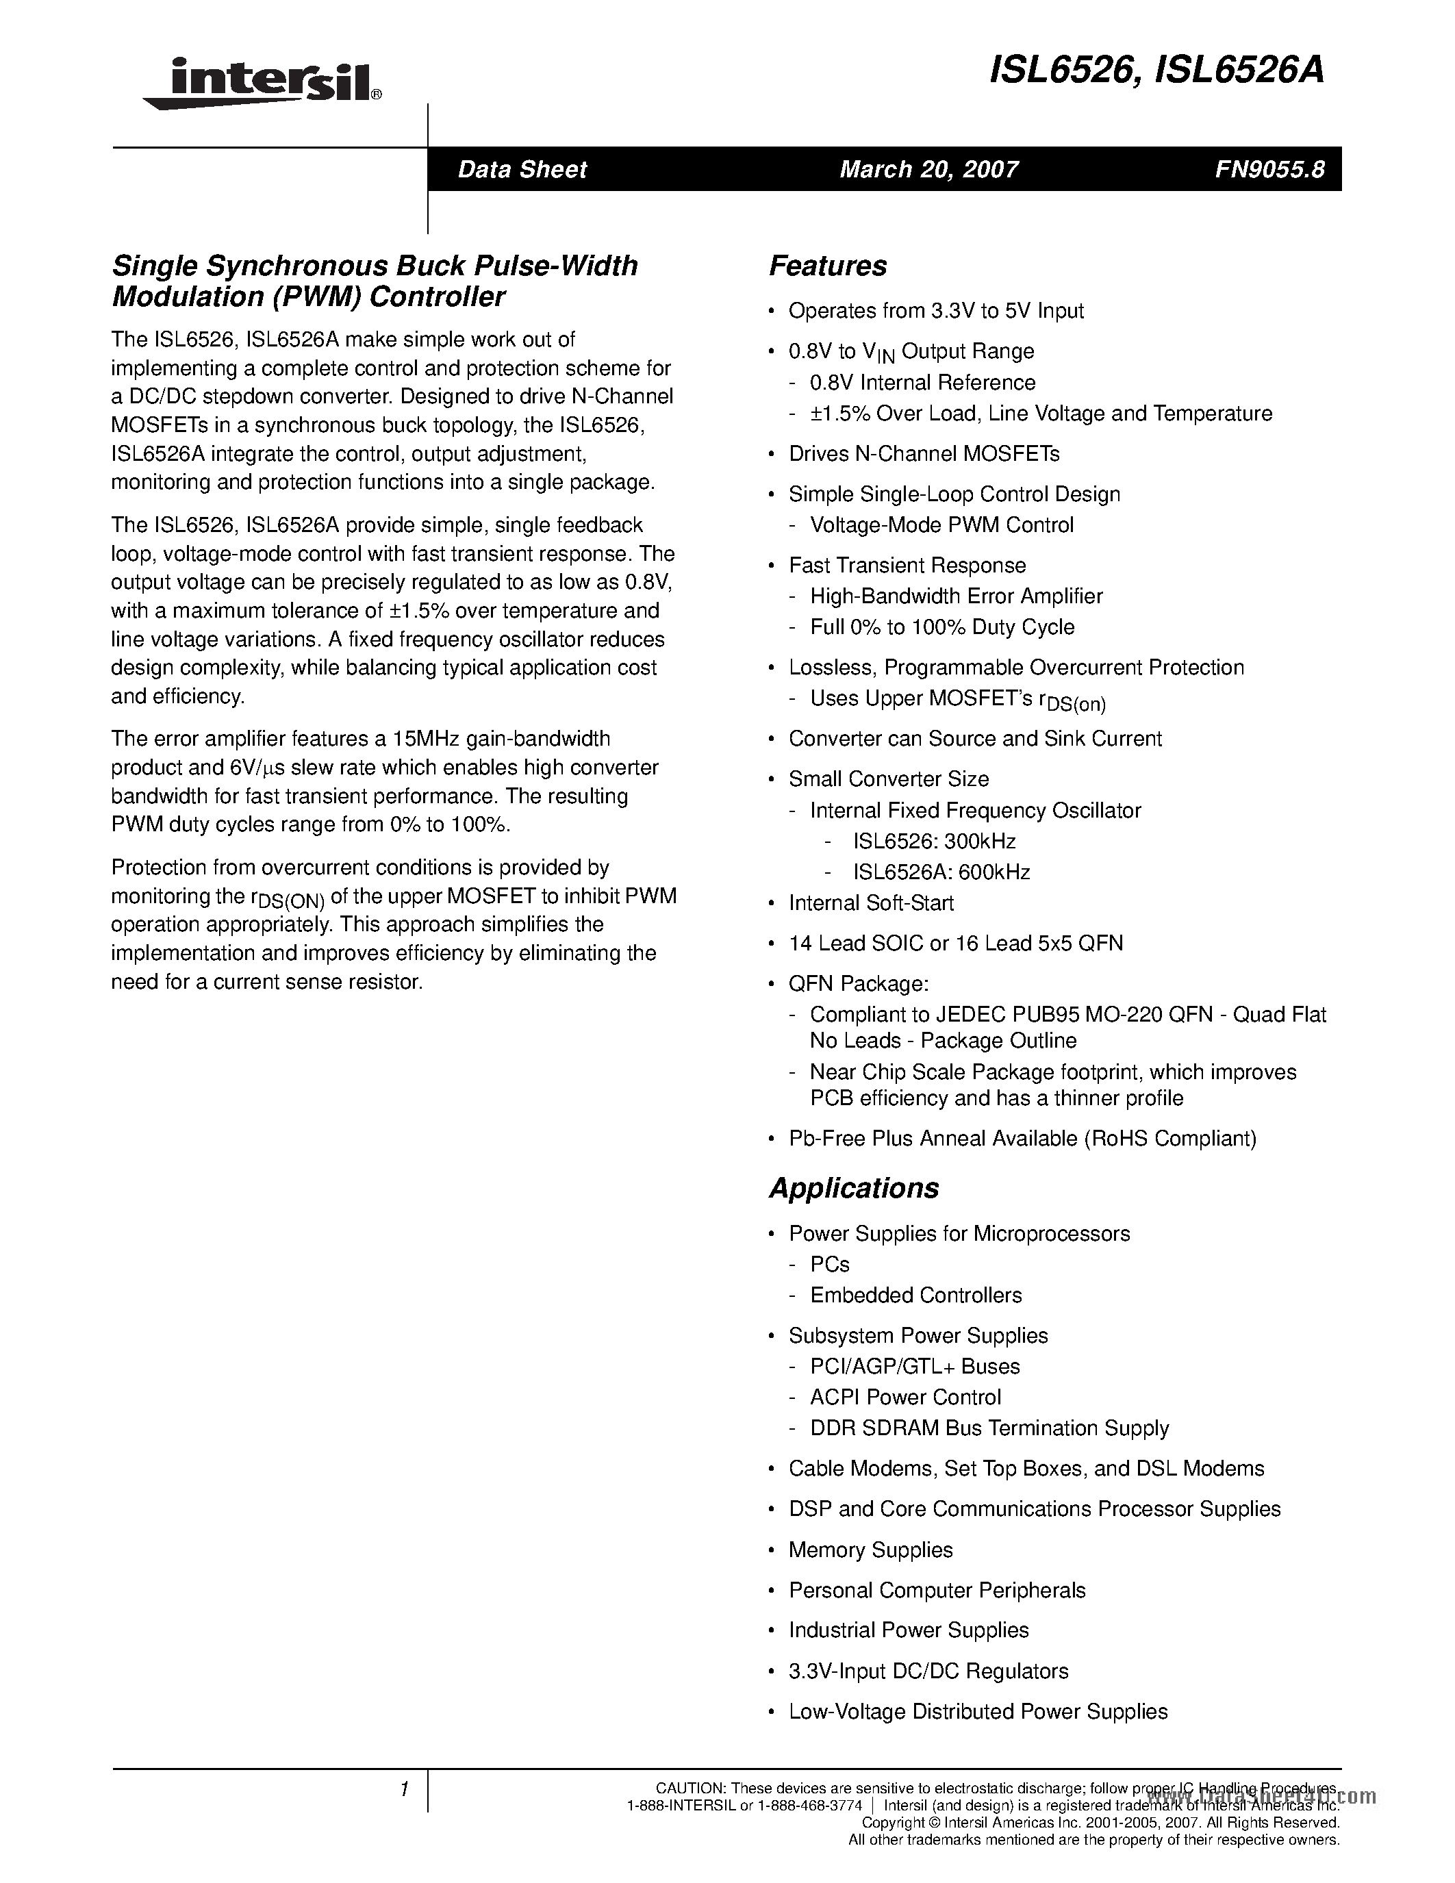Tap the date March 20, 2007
(x=928, y=169)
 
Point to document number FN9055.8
(x=1269, y=169)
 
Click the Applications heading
(x=853, y=1187)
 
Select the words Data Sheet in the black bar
(x=522, y=169)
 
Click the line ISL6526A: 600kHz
(x=941, y=872)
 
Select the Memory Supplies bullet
(x=870, y=1550)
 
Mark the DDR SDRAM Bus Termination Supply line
(x=989, y=1428)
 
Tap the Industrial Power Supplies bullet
(x=908, y=1630)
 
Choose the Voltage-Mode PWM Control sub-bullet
(x=941, y=525)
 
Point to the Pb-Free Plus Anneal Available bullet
(x=1022, y=1138)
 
